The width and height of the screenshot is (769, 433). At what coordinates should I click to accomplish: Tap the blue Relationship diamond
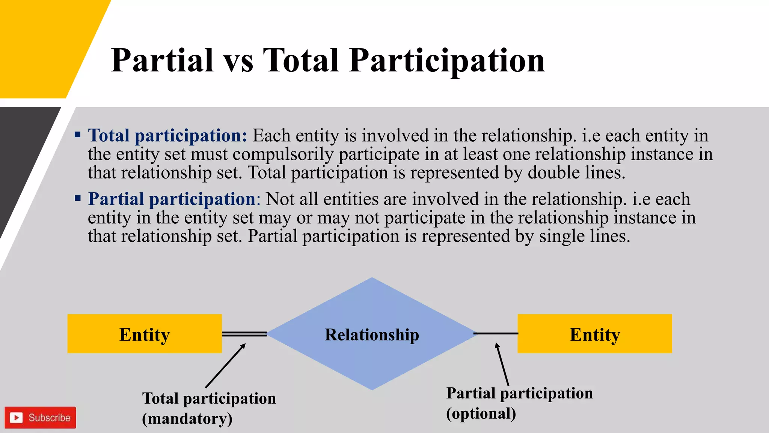[x=372, y=334]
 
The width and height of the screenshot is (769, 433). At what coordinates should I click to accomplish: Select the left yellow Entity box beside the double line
[x=145, y=334]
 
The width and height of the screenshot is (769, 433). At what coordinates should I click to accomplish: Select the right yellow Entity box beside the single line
[x=595, y=334]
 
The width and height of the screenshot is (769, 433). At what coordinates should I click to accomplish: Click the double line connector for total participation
[x=244, y=334]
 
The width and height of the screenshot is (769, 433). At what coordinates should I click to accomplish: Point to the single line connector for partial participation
[x=496, y=333]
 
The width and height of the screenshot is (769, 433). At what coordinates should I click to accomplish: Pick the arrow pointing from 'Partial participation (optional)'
[x=502, y=364]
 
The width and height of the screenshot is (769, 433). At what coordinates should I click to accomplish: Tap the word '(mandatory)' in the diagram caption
[x=187, y=419]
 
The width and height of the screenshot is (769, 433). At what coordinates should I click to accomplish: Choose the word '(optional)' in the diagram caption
[x=481, y=413]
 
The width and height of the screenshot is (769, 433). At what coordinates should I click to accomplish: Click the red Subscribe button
[x=40, y=418]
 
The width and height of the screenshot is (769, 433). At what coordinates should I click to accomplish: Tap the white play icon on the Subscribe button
[x=16, y=418]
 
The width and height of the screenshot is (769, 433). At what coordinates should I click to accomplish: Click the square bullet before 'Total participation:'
[x=78, y=135]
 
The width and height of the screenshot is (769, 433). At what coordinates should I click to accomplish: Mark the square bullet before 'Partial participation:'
[x=78, y=198]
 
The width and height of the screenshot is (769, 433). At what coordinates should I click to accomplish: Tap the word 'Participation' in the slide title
[x=447, y=61]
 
